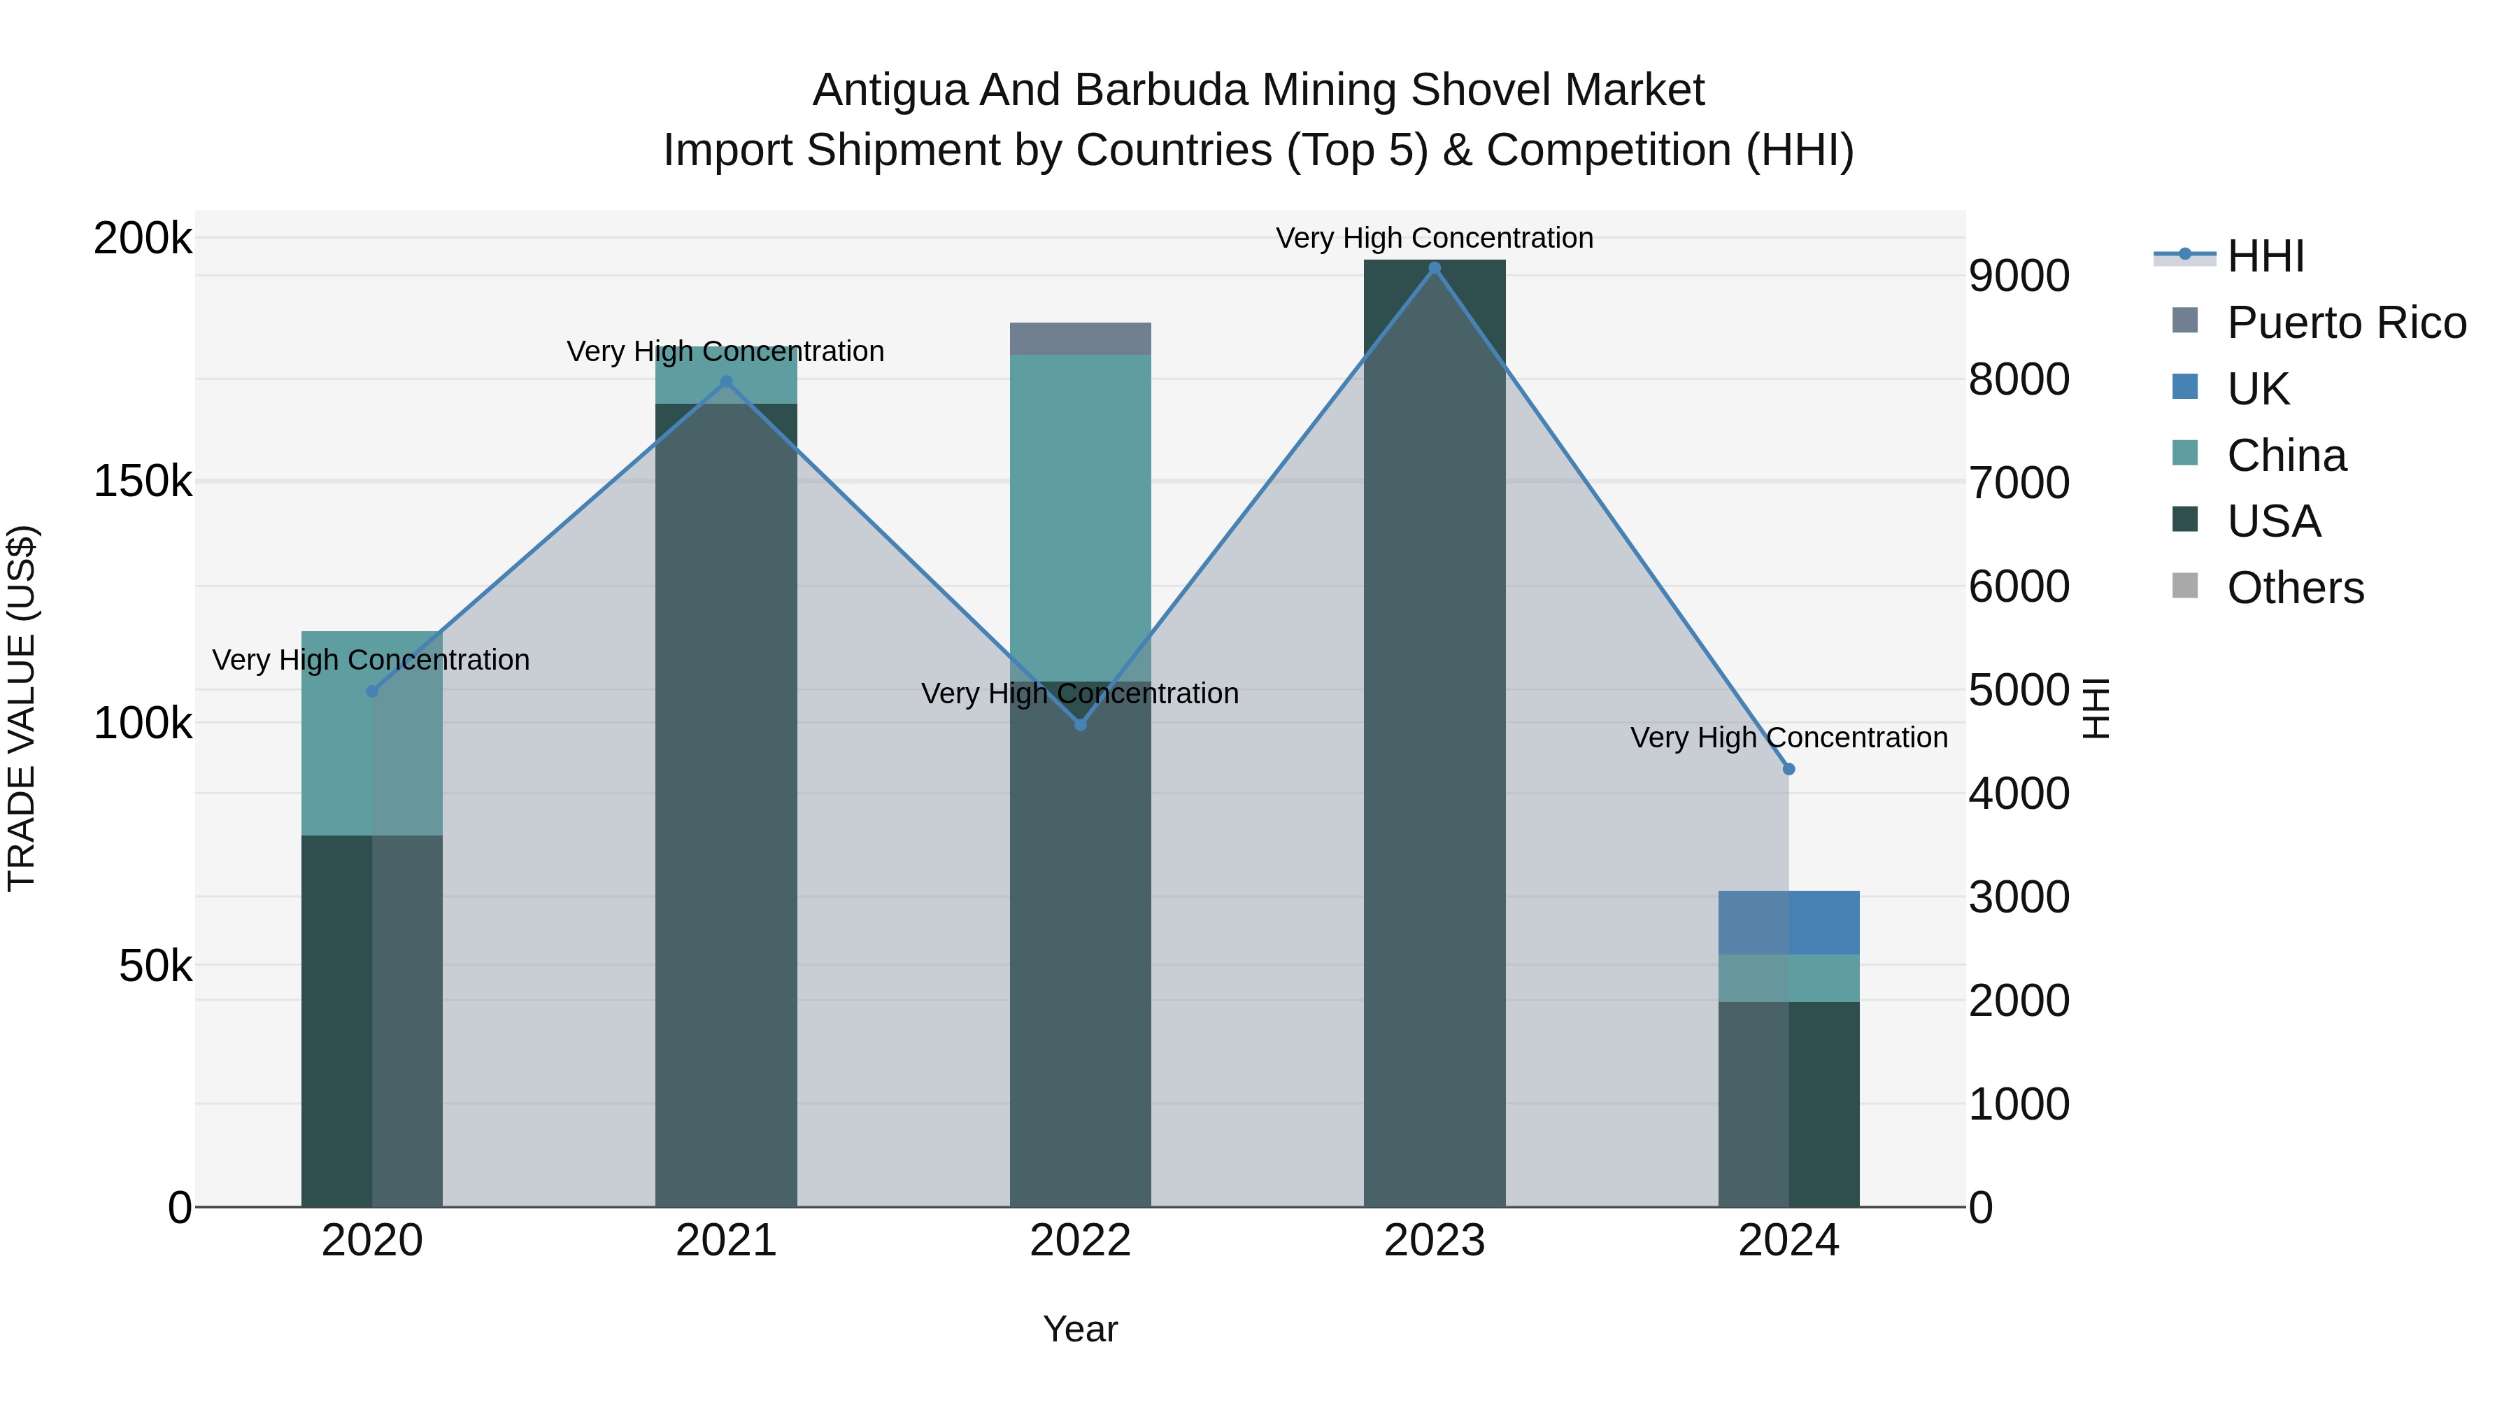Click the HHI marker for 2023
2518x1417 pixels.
tap(1434, 268)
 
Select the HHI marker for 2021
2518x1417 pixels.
tap(725, 382)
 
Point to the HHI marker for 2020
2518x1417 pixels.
tap(371, 691)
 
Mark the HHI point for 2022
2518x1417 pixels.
tap(1080, 725)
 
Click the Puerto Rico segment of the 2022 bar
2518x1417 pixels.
tap(1080, 339)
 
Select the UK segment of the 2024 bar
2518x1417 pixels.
tap(1788, 922)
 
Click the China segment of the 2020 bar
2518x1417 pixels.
tap(371, 733)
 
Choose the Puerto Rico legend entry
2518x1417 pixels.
tap(2346, 323)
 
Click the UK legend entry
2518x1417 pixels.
tap(2258, 389)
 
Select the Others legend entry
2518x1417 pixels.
tap(2295, 588)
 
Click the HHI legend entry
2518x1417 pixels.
tap(2266, 256)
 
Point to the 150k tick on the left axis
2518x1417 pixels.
tap(143, 481)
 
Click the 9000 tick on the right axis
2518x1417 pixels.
tap(2019, 276)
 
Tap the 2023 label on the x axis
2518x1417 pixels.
tap(1434, 1241)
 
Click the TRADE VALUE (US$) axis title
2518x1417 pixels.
tap(22, 708)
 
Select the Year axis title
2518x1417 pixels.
tap(1080, 1329)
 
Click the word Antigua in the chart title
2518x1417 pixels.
tap(890, 90)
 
